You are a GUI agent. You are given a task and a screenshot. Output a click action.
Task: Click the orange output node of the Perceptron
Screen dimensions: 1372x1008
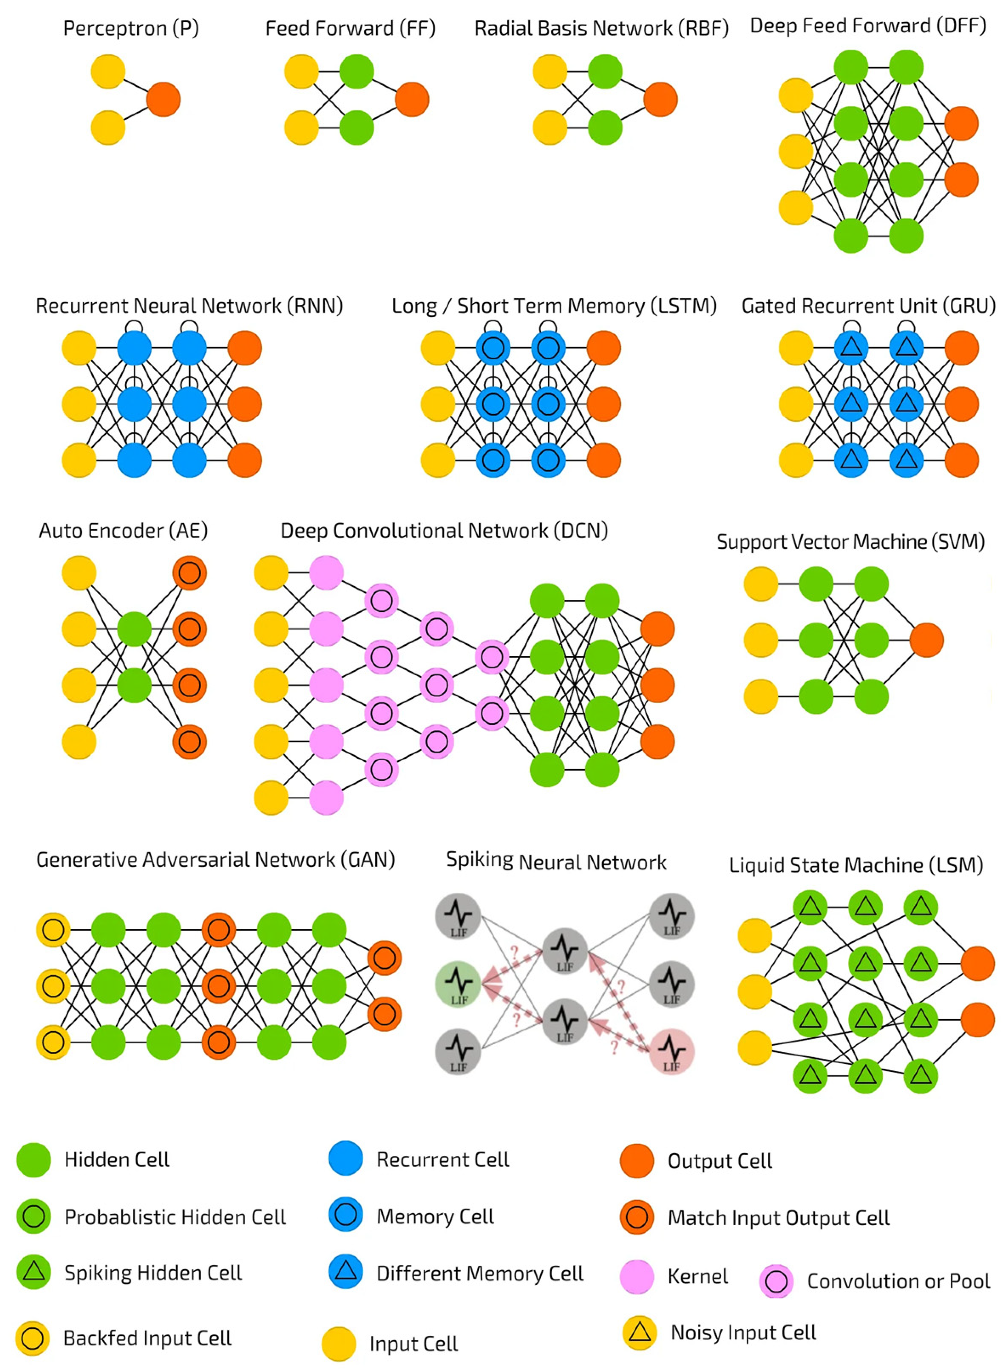[163, 99]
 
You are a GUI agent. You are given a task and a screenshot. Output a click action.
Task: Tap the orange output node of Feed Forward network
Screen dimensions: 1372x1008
[412, 99]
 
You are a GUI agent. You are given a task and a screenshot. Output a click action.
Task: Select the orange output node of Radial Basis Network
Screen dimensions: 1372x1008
[660, 99]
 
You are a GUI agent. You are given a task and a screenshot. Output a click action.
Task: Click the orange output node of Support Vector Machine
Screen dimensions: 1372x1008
[926, 640]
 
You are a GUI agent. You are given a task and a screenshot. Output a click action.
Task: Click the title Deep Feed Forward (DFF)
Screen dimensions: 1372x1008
[868, 26]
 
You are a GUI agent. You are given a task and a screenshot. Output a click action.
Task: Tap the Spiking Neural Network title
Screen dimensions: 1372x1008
[556, 861]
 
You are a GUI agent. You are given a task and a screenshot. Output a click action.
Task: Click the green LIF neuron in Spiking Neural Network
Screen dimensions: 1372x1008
[458, 984]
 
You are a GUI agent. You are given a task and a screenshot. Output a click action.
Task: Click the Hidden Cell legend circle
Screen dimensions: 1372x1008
[33, 1160]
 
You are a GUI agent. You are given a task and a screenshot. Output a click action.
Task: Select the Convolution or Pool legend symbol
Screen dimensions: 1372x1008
[776, 1281]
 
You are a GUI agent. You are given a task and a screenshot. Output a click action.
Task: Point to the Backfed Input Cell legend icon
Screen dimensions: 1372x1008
[32, 1339]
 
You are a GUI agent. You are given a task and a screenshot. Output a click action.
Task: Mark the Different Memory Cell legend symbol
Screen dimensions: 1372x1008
[345, 1273]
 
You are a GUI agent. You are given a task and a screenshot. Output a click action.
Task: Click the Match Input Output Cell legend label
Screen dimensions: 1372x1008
[778, 1218]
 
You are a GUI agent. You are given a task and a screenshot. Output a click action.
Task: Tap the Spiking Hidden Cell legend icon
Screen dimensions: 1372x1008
[33, 1273]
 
